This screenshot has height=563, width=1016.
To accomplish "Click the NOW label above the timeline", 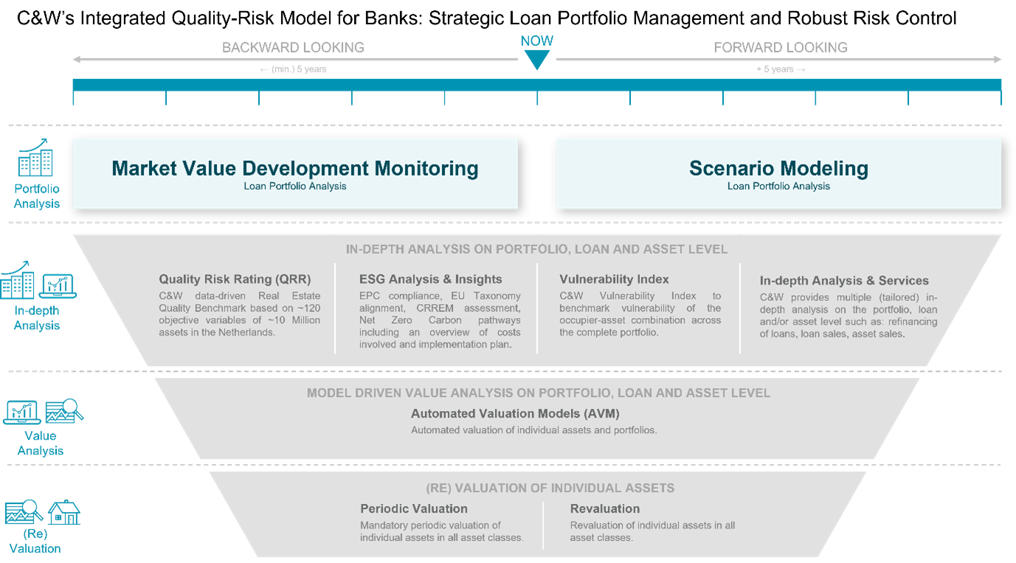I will coord(536,41).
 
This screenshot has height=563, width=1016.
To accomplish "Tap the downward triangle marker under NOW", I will coord(536,60).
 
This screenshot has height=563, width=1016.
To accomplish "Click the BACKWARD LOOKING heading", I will coord(293,48).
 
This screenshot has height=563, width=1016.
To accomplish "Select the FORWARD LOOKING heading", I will coord(780,48).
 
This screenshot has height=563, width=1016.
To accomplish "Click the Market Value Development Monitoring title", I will coord(295,168).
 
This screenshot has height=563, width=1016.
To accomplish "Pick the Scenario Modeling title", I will coord(778,168).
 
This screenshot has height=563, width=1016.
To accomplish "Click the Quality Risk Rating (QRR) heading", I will coord(235,280).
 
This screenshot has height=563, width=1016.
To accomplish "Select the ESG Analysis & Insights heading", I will coord(430,280).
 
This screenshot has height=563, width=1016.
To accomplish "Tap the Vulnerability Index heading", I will coord(614,280).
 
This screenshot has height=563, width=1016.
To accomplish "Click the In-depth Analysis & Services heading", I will coord(844,280).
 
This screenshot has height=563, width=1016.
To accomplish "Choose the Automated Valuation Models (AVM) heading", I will coord(515,414).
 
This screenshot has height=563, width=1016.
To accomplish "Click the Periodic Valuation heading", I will coord(414,508).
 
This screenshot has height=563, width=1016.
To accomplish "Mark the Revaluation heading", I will coord(605,508).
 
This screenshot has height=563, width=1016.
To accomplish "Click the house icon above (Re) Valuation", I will coord(64,513).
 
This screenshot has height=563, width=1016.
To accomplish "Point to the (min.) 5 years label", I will coord(293,69).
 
